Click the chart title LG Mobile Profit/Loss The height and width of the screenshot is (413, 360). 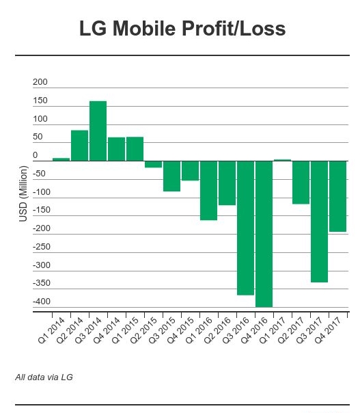click(x=182, y=29)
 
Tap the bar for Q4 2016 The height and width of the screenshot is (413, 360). click(x=264, y=234)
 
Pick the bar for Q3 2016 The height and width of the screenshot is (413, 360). click(x=245, y=228)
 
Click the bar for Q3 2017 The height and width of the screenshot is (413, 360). click(x=319, y=222)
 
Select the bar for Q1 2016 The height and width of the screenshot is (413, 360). click(x=208, y=191)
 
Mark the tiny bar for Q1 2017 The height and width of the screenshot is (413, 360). click(x=282, y=160)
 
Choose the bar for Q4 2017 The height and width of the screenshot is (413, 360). click(x=337, y=196)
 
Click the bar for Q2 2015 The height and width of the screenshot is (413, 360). click(x=153, y=164)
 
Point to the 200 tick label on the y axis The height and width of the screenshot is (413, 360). click(x=40, y=82)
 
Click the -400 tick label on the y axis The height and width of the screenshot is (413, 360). click(x=40, y=302)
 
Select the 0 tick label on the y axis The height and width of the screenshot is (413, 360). click(x=36, y=155)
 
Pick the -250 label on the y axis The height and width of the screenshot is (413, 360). click(x=40, y=247)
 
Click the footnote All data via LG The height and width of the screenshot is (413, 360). click(x=44, y=377)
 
